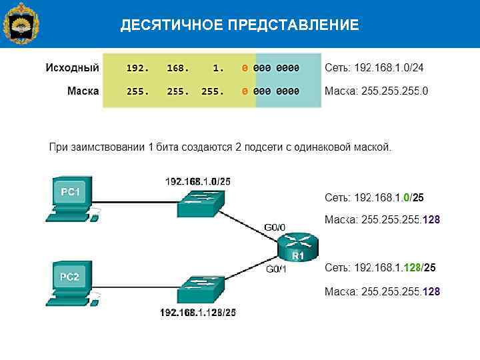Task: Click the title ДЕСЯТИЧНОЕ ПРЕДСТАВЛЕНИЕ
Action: point(239,26)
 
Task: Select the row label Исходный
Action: point(72,68)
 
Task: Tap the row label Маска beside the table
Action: point(83,91)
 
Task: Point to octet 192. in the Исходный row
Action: point(137,68)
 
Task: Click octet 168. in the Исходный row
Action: point(178,68)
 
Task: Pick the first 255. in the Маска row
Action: point(137,91)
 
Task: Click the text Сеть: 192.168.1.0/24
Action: point(374,68)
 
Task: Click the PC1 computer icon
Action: point(71,197)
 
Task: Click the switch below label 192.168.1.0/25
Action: point(201,203)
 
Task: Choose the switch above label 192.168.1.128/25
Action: point(201,288)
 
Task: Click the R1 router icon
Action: point(298,249)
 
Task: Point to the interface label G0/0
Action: point(275,227)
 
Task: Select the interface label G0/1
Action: point(276,269)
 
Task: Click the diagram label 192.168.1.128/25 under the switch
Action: point(197,312)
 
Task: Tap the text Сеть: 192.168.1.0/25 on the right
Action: point(374,198)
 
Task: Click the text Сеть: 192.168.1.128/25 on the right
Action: point(380,268)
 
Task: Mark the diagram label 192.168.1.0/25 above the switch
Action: point(198,181)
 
